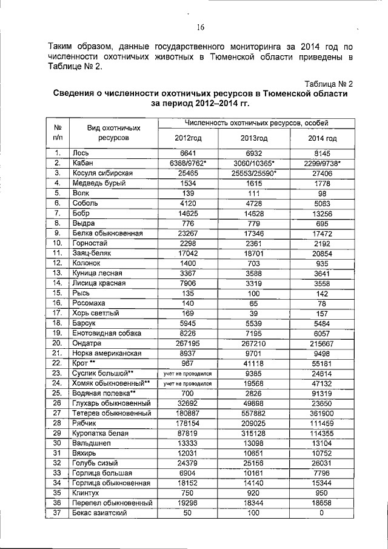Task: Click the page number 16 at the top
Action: tap(201, 27)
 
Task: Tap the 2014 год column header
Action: tap(322, 138)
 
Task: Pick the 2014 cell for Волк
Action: tap(322, 192)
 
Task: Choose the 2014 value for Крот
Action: tap(322, 362)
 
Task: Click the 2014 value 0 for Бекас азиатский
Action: tap(322, 513)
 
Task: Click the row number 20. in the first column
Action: tap(58, 342)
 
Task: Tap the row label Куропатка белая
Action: tap(101, 433)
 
